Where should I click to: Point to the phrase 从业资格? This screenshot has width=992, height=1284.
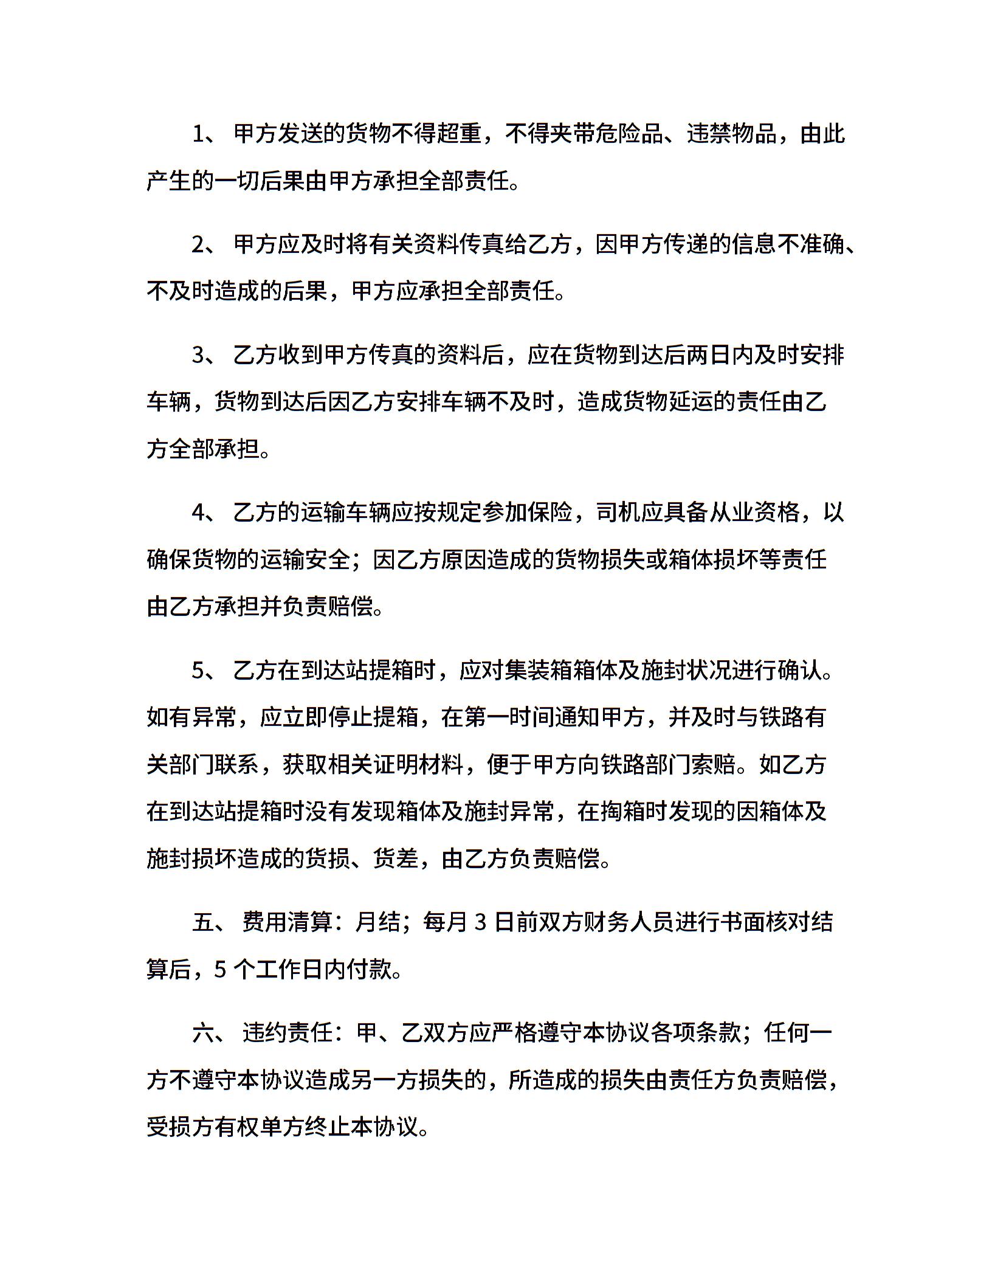point(754,513)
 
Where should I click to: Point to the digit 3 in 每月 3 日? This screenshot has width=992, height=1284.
point(480,923)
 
